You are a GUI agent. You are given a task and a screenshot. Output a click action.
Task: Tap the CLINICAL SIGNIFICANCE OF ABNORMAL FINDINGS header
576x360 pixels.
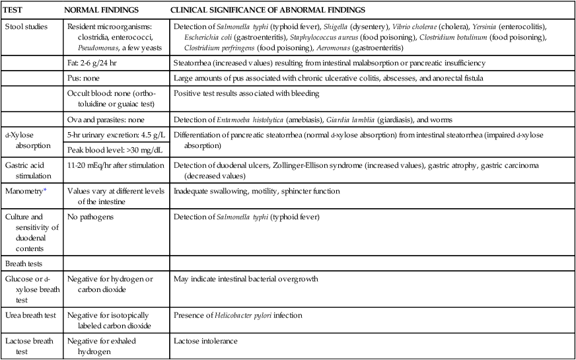268,11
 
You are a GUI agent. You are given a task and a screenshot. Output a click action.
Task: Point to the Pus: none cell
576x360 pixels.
89,77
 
